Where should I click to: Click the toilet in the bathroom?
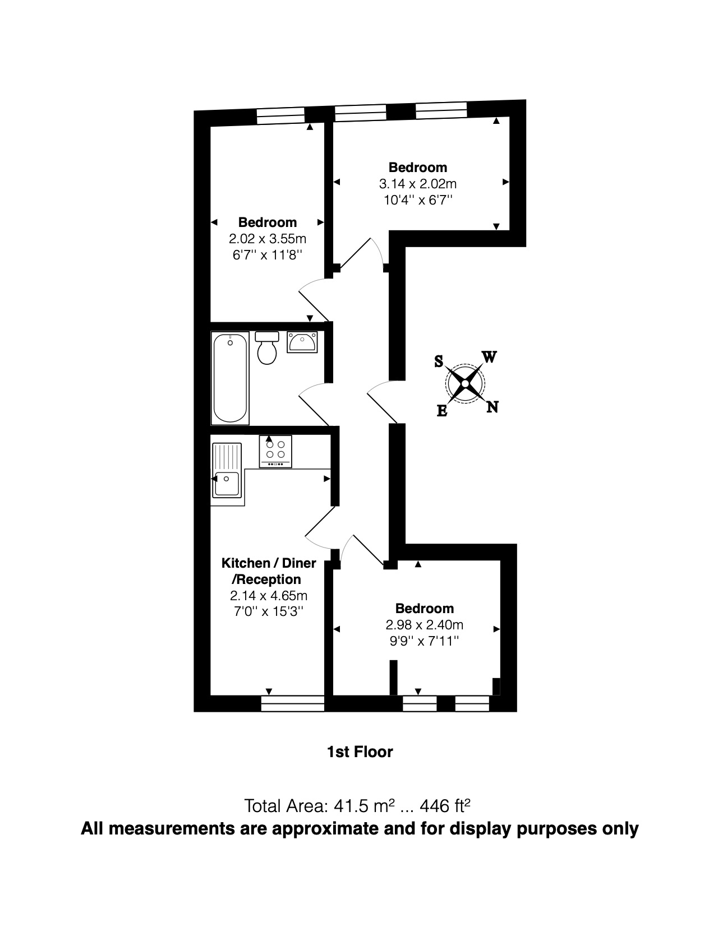coord(266,349)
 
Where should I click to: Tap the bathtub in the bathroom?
coord(229,378)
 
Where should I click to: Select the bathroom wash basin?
coord(302,342)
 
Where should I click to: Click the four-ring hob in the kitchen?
coord(275,451)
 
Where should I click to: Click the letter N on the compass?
coord(492,407)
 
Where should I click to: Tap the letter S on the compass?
coord(439,361)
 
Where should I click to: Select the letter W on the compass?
coord(489,357)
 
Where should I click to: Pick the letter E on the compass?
coord(442,411)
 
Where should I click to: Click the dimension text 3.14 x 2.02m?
coord(418,184)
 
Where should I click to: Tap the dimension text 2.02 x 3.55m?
coord(268,239)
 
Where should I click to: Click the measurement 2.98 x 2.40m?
coord(424,625)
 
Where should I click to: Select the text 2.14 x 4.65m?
coord(269,596)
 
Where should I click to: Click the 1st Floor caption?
coord(360,752)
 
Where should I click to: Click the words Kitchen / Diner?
coord(269,563)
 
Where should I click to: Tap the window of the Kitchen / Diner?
coord(293,704)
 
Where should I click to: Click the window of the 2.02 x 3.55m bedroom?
coord(280,117)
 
